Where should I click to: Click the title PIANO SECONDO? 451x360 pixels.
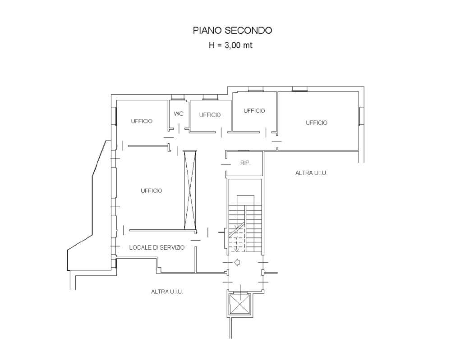pos(232,31)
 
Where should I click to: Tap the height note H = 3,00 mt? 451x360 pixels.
pos(230,46)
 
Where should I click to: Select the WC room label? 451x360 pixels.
pos(179,114)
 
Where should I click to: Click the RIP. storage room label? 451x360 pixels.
pos(245,163)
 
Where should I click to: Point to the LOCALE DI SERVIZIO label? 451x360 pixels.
pos(157,247)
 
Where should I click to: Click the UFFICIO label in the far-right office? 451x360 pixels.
pos(317,123)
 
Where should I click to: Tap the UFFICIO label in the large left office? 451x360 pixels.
pos(151,191)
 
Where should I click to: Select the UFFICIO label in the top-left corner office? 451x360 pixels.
pos(142,121)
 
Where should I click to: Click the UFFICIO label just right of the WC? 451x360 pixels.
pos(210,115)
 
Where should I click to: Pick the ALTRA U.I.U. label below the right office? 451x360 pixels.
pos(311,173)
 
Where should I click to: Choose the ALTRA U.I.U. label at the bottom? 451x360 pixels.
pos(167,292)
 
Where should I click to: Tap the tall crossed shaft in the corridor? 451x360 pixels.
pos(190,190)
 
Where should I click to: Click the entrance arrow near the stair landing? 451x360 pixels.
pos(237,262)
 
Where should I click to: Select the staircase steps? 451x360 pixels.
pos(245,223)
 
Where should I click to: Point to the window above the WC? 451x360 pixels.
pos(178,97)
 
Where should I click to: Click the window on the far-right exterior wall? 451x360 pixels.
pos(361,116)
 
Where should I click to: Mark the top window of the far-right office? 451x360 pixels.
pos(299,89)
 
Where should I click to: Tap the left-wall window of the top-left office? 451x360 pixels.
pos(114,116)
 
